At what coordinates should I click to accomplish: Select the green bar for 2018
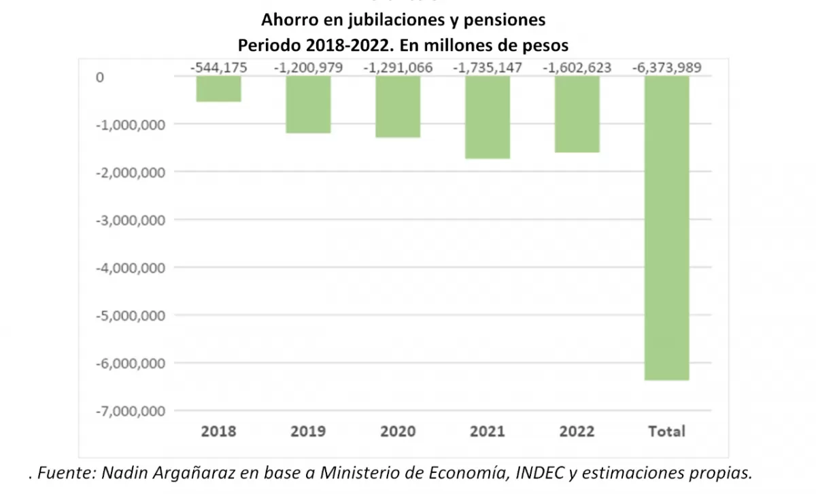[218, 89]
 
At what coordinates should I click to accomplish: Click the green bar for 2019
[308, 105]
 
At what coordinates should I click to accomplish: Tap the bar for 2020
[398, 107]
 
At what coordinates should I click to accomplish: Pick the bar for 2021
[488, 117]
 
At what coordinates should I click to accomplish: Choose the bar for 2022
[577, 114]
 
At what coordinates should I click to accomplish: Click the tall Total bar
[667, 228]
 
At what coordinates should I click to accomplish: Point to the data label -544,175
[218, 68]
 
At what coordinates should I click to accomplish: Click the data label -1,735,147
[488, 68]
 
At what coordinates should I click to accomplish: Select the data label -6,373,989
[667, 68]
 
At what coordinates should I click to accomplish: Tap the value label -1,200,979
[308, 68]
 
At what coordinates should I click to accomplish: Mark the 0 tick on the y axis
[100, 77]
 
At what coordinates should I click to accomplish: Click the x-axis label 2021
[488, 431]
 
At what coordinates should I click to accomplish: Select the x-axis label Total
[667, 431]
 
